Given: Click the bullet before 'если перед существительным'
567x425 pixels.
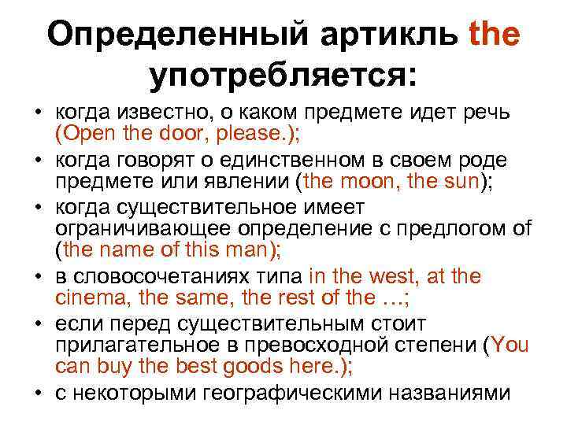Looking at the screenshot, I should (39, 324).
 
